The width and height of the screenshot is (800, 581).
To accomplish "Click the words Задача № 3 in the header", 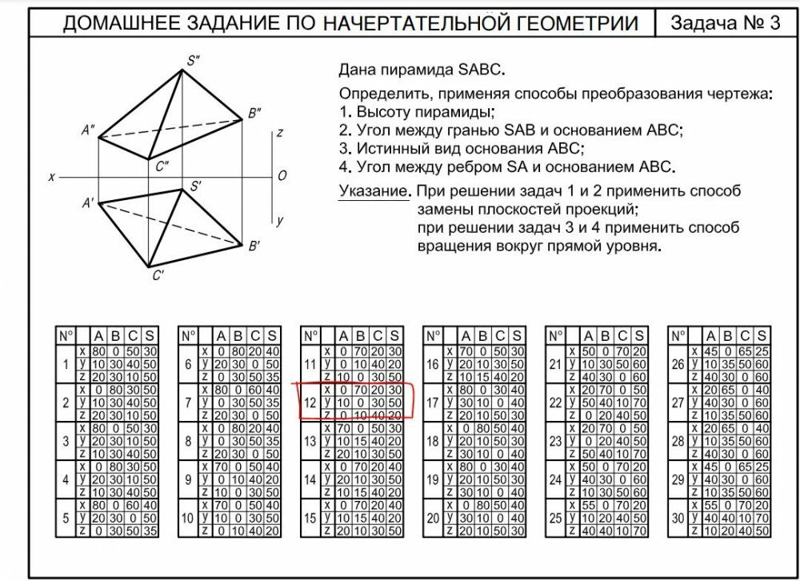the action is click(725, 22).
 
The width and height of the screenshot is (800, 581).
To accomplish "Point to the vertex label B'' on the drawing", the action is click(255, 114).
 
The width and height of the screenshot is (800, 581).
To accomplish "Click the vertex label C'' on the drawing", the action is click(162, 166).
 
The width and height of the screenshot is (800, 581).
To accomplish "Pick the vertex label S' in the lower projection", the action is click(195, 186).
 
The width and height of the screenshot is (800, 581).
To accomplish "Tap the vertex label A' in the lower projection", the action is click(88, 203).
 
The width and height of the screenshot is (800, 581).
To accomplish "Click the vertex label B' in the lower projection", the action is click(254, 246).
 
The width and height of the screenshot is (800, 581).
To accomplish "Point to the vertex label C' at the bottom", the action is click(158, 276).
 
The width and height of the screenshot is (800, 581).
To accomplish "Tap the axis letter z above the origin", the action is click(279, 134).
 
